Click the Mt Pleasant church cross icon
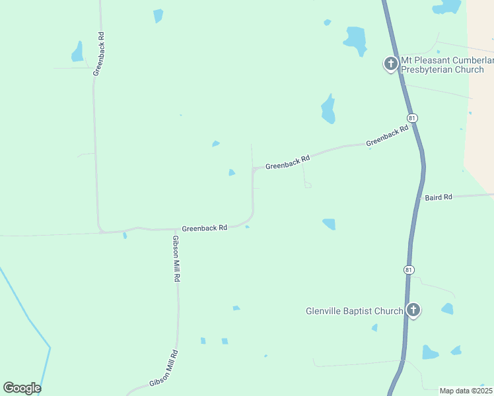(x=390, y=64)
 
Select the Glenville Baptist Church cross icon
(x=413, y=310)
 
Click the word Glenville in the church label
(x=324, y=311)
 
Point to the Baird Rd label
(x=439, y=197)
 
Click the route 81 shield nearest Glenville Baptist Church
(x=409, y=269)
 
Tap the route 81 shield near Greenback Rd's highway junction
(x=413, y=117)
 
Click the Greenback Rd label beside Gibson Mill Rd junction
(x=205, y=227)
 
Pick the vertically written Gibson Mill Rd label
(x=176, y=259)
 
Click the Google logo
(x=22, y=388)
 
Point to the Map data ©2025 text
(x=466, y=391)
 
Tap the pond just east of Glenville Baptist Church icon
(x=447, y=308)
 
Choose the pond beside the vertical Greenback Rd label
(x=78, y=52)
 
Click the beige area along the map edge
(x=480, y=99)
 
